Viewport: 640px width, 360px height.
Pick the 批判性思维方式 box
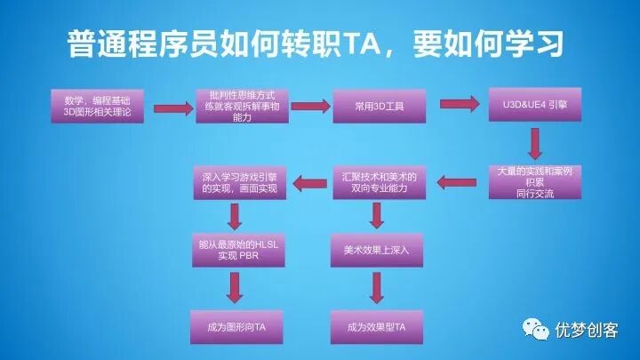click(x=236, y=108)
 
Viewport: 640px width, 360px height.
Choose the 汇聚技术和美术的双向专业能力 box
click(x=374, y=181)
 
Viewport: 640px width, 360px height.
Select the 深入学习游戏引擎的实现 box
click(x=234, y=181)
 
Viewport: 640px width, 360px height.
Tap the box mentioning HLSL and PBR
click(x=234, y=250)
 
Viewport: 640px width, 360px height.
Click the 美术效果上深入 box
click(x=374, y=250)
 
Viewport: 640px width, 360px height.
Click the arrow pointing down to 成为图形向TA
click(x=235, y=288)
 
